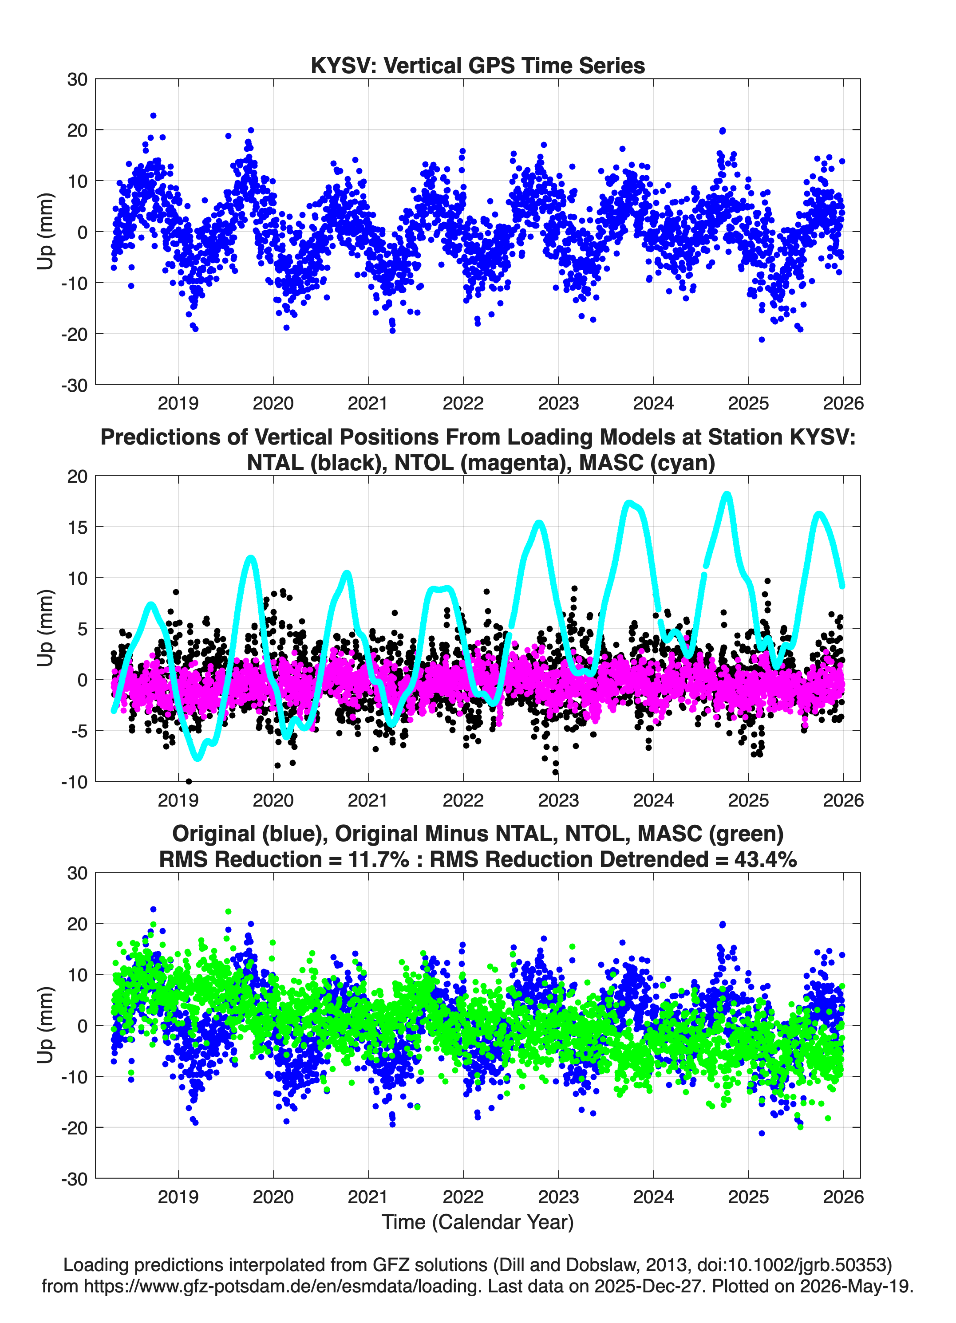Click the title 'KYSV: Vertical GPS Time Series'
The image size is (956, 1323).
click(x=478, y=65)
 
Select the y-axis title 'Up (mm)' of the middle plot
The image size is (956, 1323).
click(x=46, y=628)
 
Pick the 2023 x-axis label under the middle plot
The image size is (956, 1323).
click(x=558, y=800)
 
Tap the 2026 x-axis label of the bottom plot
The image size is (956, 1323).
click(x=843, y=1197)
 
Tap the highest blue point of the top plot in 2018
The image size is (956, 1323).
click(x=153, y=115)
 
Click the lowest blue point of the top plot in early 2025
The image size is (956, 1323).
click(x=761, y=339)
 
